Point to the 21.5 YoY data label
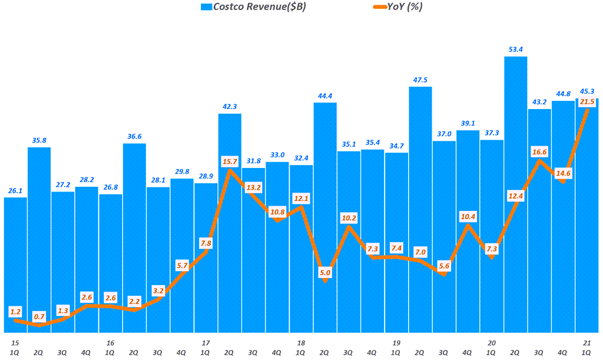[x=587, y=102]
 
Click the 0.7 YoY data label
[x=39, y=316]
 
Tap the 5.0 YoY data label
[x=325, y=272]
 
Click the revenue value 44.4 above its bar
[x=325, y=95]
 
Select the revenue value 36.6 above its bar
[x=134, y=136]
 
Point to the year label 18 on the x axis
[x=301, y=342]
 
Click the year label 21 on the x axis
[x=587, y=342]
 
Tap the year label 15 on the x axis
[x=15, y=342]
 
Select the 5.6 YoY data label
[x=444, y=266]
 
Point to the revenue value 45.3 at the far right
[x=587, y=91]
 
